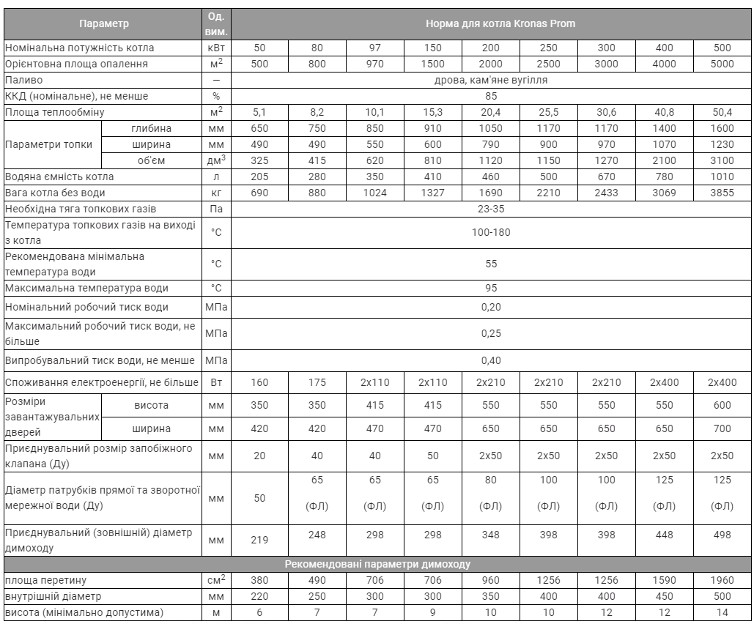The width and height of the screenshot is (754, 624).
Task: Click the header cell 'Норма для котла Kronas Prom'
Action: (x=490, y=23)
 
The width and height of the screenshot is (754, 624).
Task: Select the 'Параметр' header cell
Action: (x=103, y=23)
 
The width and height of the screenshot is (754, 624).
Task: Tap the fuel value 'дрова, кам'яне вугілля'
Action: (x=490, y=80)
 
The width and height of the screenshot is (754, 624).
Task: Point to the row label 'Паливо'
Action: (x=24, y=80)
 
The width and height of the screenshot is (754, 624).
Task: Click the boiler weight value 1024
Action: (x=375, y=193)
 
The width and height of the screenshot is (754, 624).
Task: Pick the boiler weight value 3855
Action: (x=722, y=193)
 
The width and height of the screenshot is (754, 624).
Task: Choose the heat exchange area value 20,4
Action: (x=491, y=112)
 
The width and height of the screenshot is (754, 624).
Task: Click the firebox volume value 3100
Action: (x=722, y=160)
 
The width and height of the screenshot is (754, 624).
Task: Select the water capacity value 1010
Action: (x=722, y=177)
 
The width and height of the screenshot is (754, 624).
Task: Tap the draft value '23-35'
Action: (x=490, y=209)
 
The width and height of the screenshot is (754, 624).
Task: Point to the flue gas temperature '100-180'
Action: (x=490, y=232)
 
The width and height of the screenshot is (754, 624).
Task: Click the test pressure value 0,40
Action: (x=490, y=360)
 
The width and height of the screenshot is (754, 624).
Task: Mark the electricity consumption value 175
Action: (x=317, y=382)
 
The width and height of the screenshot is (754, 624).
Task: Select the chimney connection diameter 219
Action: (x=259, y=540)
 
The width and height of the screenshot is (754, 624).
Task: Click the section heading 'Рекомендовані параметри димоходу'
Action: (x=377, y=564)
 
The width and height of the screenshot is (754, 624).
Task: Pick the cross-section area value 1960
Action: (x=722, y=580)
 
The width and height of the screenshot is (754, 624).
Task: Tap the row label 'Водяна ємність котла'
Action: (x=59, y=177)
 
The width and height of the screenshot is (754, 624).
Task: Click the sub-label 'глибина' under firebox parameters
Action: (x=152, y=128)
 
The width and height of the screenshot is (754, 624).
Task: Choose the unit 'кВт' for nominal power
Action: (x=216, y=48)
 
